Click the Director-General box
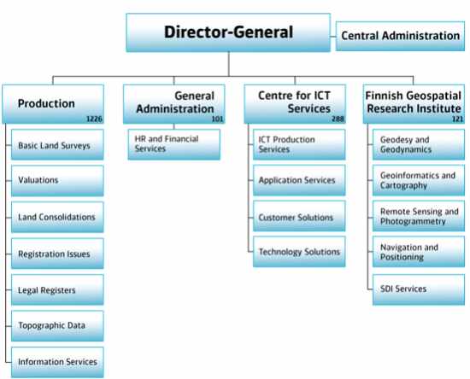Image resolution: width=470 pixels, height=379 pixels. coord(228,32)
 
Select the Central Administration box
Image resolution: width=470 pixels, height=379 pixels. coord(400,36)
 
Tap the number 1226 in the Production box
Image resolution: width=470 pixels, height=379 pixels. coord(94,119)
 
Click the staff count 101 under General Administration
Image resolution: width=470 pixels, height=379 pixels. coord(218,119)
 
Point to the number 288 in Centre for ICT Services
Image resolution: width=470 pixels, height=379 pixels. coord(338,119)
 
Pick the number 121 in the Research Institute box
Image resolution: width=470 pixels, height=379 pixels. coord(458,119)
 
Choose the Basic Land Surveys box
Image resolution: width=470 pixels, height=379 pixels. coord(57,144)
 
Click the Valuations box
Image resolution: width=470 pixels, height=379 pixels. coord(57,180)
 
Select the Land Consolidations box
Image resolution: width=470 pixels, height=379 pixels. coord(57,217)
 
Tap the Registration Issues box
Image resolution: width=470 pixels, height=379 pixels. coord(57,254)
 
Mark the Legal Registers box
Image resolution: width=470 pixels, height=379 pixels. coord(57,289)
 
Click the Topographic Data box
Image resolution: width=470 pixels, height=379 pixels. coord(57,326)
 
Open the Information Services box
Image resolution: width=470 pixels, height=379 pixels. coord(57,362)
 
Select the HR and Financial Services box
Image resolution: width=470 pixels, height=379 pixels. coord(174,144)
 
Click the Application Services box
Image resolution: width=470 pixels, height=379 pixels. coord(299,180)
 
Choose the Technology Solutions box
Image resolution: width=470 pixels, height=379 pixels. coord(299,252)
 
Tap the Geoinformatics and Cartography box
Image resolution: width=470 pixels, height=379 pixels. coord(419,180)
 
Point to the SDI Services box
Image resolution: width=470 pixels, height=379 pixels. coord(419,289)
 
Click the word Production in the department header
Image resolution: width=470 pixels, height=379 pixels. coord(46,103)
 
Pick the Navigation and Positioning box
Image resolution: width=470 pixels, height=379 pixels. coord(419,252)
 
